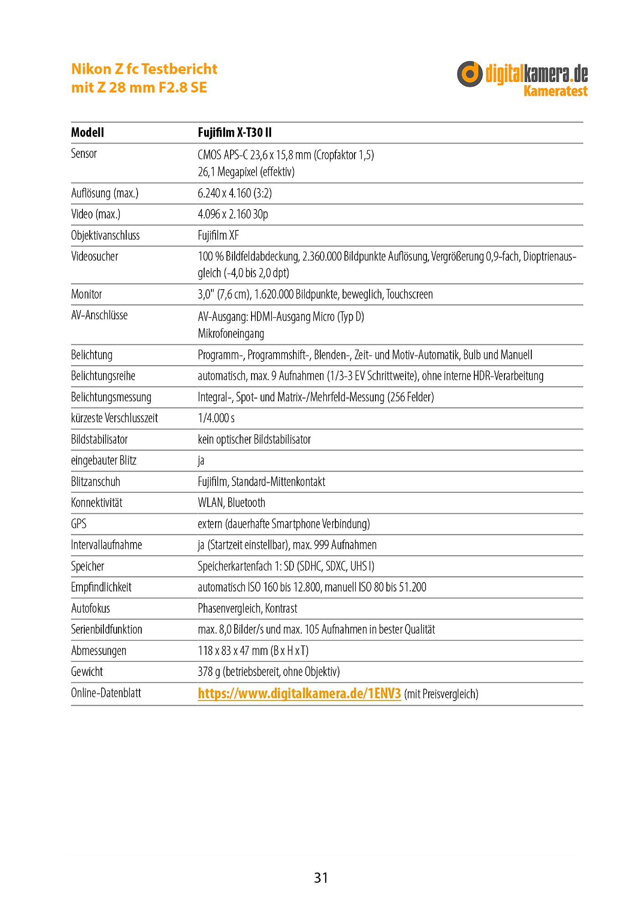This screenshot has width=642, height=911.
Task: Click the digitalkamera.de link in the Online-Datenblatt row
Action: (x=299, y=693)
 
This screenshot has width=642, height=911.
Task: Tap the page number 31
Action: (x=321, y=877)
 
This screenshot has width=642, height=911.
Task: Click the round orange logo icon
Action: (x=469, y=74)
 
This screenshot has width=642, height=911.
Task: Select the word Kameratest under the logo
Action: (x=555, y=91)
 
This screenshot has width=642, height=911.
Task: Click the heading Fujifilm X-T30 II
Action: (x=235, y=133)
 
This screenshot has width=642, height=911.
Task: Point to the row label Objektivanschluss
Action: (x=105, y=235)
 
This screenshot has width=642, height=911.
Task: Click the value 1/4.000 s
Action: (x=216, y=418)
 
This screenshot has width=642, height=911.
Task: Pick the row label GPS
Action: (x=79, y=524)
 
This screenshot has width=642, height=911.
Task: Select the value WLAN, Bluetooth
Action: (x=231, y=502)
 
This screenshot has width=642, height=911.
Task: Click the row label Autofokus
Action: (x=90, y=608)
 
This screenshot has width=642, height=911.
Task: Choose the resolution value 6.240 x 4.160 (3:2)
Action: (x=235, y=193)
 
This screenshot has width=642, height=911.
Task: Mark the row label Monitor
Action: (x=87, y=294)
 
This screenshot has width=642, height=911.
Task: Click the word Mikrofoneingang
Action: (x=231, y=333)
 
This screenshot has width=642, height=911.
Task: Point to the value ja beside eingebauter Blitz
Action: (x=201, y=461)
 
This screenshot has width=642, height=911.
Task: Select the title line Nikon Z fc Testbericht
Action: (x=144, y=69)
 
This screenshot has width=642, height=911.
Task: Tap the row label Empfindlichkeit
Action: (x=101, y=587)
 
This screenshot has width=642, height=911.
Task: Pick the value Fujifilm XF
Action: (x=218, y=235)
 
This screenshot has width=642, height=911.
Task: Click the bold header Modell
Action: (x=87, y=133)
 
